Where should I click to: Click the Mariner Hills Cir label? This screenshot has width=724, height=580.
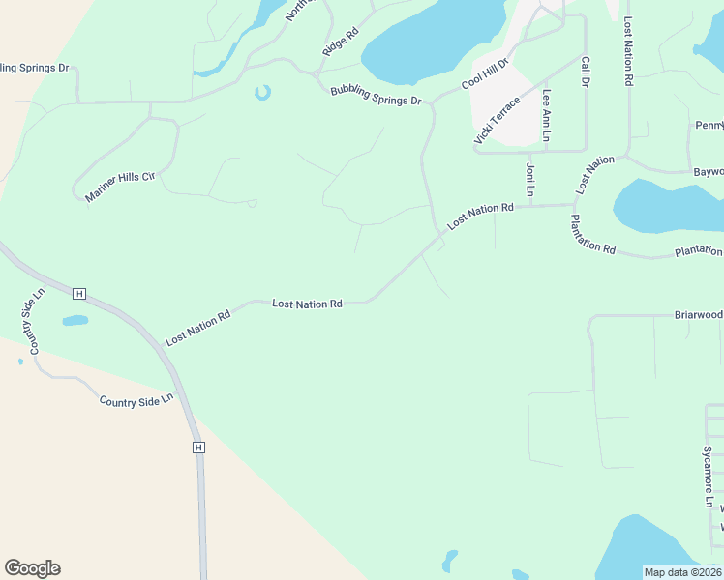coord(120,184)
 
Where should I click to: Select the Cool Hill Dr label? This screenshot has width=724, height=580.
coord(485,74)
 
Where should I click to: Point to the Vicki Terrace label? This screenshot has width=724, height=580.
coord(497,121)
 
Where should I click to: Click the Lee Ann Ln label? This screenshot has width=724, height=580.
coord(547,116)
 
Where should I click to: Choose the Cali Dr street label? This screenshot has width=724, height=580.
coord(586,72)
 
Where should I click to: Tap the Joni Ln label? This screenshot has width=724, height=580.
coord(530,179)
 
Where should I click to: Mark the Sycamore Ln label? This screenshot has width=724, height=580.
coord(708,477)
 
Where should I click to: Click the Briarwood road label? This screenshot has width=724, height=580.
coord(698,315)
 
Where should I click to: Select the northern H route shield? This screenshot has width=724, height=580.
coord(79,293)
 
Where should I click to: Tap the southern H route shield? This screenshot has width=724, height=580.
coord(198,448)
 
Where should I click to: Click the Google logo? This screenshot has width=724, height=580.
coord(32,568)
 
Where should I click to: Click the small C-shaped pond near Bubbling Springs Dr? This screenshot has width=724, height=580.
coord(262,93)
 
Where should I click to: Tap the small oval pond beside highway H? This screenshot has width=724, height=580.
coord(75,320)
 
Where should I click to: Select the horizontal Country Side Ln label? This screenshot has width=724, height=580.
coord(136,398)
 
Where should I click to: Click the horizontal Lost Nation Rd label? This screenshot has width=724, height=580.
coord(308,304)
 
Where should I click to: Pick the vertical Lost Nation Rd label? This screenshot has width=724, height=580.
coord(629,52)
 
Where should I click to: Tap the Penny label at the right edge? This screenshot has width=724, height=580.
coord(709,126)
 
